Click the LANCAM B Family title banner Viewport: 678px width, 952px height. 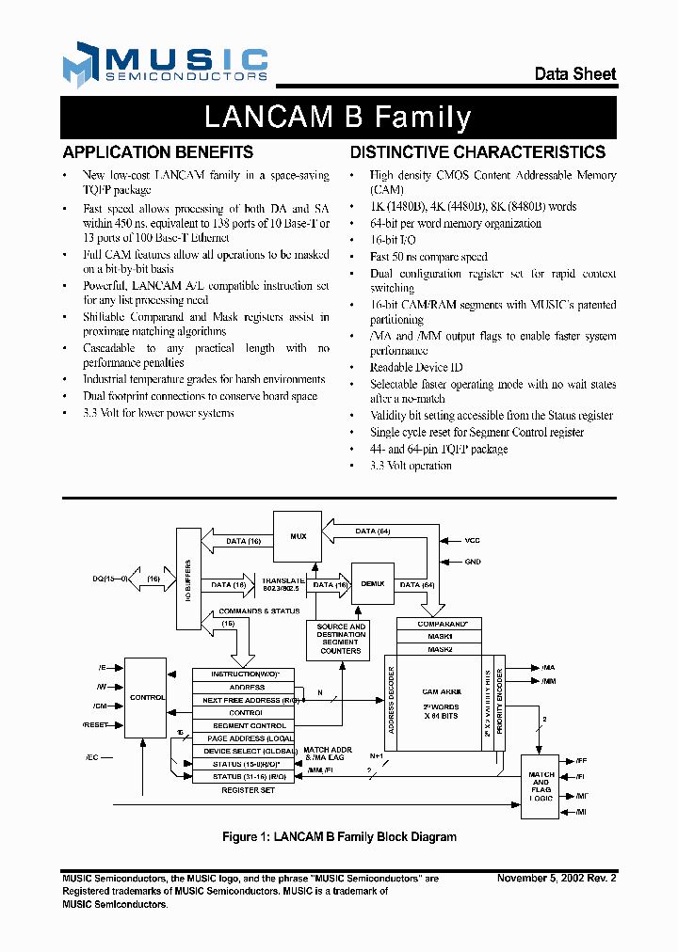(x=338, y=118)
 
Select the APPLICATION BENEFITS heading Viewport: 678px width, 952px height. (x=157, y=152)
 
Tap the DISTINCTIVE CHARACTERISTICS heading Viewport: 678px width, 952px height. (x=477, y=152)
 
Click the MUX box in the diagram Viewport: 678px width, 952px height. (x=298, y=536)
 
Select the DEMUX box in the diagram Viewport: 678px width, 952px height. (x=371, y=583)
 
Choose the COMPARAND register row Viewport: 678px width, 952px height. (x=439, y=624)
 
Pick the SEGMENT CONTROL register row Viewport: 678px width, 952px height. (x=250, y=725)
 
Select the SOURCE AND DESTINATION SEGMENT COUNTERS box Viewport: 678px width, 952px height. (x=340, y=639)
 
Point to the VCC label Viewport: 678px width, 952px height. (x=472, y=541)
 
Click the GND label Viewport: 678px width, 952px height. (x=472, y=562)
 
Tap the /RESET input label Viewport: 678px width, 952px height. (x=97, y=725)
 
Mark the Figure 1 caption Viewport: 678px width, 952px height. (x=339, y=836)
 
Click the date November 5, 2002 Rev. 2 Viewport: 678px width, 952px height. (x=557, y=878)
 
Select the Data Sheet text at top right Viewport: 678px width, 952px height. (x=575, y=73)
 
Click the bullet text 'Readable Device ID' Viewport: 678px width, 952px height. (x=416, y=367)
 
